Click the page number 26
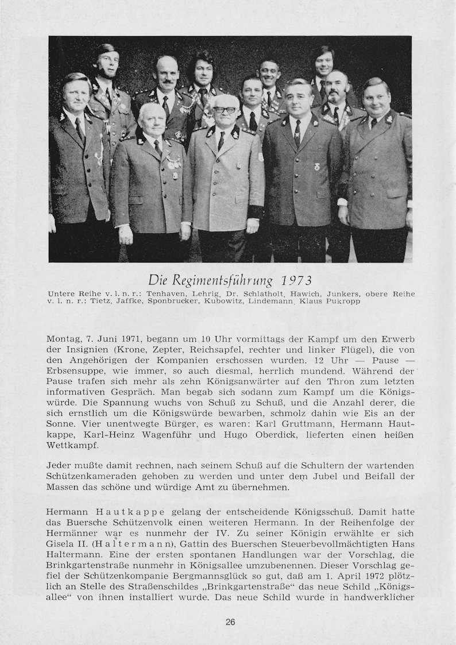tap(230, 621)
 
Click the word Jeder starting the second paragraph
tap(59, 465)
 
